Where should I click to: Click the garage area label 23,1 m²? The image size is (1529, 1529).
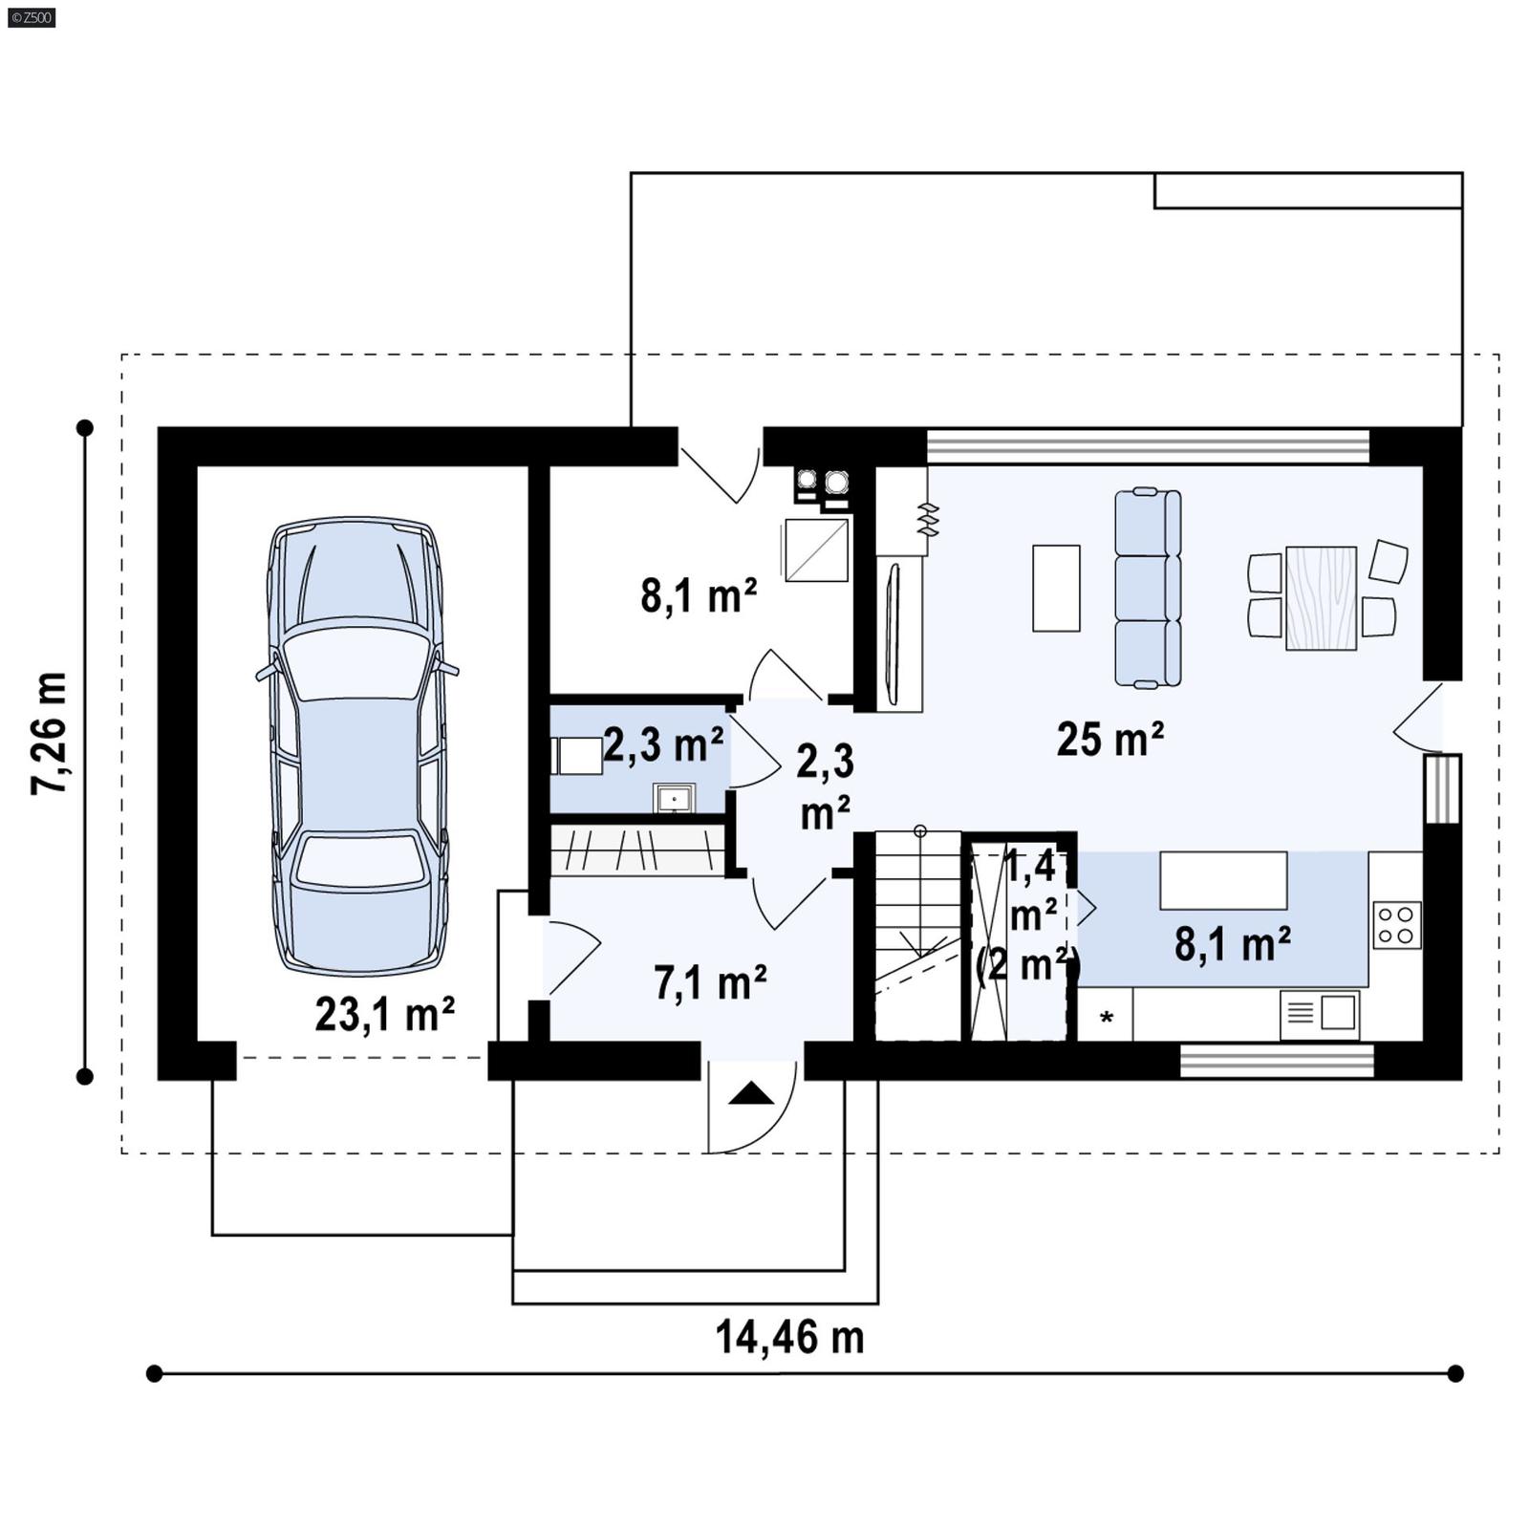pos(384,1015)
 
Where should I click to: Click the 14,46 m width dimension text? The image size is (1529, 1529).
pos(789,1337)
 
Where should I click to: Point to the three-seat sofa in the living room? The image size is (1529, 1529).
pos(1148,588)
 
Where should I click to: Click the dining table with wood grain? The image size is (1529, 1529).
pos(1321,598)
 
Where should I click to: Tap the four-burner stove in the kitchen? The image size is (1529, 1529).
pos(1396,925)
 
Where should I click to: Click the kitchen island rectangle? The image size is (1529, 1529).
pos(1222,880)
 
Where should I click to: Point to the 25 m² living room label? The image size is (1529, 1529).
pos(1109,740)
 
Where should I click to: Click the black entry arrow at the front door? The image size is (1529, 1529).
pos(751,1093)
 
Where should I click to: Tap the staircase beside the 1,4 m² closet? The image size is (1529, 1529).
pos(917,937)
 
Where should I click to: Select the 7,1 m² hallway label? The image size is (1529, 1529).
pos(710,983)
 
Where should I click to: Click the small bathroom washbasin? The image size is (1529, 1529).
pos(675,797)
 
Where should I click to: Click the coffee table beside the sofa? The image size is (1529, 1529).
pos(1056,588)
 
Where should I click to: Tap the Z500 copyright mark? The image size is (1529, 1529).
pos(31,17)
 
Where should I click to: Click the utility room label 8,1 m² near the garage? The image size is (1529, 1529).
pos(699,596)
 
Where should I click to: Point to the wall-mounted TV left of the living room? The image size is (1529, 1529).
pos(894,634)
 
